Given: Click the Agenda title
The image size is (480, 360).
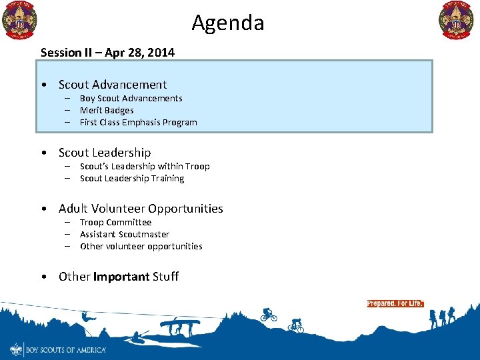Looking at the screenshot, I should coord(228,23).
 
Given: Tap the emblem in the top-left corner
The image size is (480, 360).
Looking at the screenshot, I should coord(19,21).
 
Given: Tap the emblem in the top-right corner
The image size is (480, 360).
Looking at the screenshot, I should coord(457,21).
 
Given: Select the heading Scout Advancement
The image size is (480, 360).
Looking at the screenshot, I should coord(113,85).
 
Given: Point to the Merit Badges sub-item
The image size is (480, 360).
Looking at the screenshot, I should coord(107,110).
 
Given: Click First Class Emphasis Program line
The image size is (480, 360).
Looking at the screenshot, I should coord(138,122).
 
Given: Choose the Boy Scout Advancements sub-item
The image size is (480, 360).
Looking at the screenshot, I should coord(131,98).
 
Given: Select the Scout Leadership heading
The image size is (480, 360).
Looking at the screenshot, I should coord(105,153).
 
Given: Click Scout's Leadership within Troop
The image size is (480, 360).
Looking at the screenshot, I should coord(145,166).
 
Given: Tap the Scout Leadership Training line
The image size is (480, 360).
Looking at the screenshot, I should coord(132,178).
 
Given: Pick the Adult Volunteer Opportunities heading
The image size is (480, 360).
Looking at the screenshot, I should coord(141,209).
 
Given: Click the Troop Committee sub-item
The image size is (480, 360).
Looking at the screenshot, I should coord(115,222).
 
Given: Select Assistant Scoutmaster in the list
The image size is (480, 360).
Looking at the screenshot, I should coord(125,234).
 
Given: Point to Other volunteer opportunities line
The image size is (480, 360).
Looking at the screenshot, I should coord(141,246).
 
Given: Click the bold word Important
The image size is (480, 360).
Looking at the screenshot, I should coord(121,277).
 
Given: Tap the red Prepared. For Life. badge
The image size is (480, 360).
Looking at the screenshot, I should coord(395,303).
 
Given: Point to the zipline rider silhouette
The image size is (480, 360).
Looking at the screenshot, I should coord(85,316).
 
